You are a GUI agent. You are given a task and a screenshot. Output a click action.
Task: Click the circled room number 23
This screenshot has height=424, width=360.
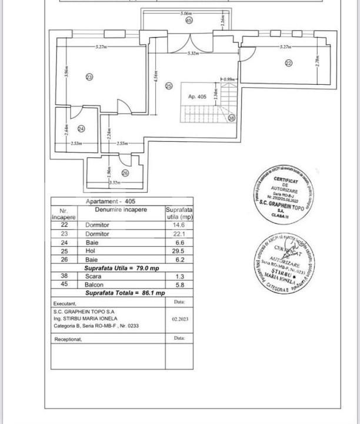click(x=89, y=77)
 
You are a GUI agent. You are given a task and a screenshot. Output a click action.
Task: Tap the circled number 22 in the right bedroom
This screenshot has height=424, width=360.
click(x=288, y=63)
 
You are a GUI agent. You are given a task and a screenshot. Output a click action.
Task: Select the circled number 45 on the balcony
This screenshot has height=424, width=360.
click(x=189, y=20)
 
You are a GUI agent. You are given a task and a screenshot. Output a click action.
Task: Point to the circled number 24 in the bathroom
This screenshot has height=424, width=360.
click(x=81, y=129)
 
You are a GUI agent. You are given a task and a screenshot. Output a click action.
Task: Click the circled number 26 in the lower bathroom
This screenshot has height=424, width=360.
click(x=125, y=173)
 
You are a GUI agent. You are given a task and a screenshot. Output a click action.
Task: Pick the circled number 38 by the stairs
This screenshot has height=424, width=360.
click(x=231, y=118)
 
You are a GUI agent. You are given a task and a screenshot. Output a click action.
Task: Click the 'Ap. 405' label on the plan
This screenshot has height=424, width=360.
click(x=198, y=96)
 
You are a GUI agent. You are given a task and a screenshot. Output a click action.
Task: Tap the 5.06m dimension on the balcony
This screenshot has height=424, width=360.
click(x=188, y=12)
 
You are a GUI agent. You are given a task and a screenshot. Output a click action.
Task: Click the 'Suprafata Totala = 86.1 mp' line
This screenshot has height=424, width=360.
click(x=125, y=293)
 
